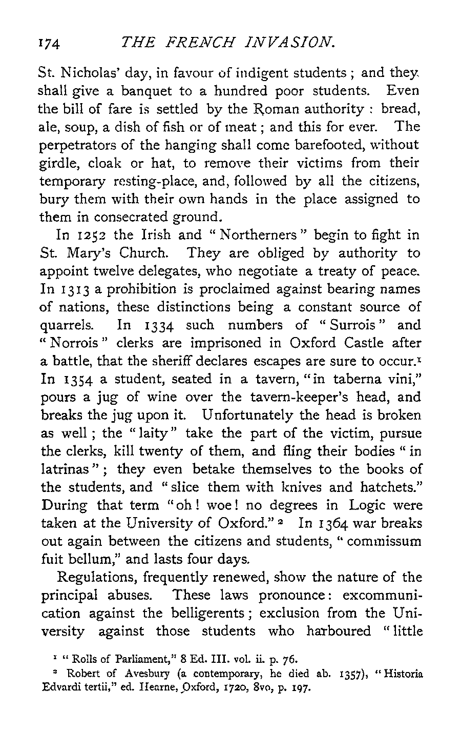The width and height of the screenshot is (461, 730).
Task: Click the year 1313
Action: pyautogui.click(x=78, y=289)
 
